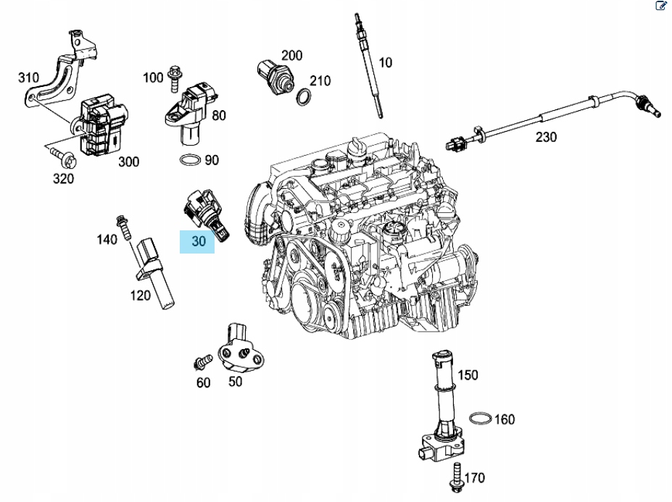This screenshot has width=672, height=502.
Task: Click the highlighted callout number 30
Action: [199, 241]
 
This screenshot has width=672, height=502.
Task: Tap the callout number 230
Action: [546, 137]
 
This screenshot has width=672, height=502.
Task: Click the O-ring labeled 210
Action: [304, 97]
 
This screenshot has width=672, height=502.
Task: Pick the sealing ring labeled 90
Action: [190, 160]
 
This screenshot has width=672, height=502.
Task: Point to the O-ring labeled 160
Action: [480, 419]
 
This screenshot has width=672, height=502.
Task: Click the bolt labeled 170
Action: [456, 477]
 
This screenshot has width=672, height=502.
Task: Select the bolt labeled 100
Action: [175, 79]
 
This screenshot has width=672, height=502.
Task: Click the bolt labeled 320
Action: [62, 157]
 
